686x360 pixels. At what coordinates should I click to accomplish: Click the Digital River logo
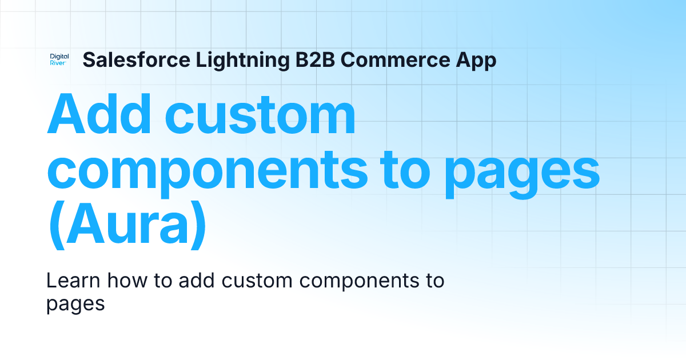pyautogui.click(x=59, y=60)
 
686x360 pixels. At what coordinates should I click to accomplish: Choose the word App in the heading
pyautogui.click(x=476, y=61)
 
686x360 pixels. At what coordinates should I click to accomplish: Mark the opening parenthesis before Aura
pyautogui.click(x=55, y=227)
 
